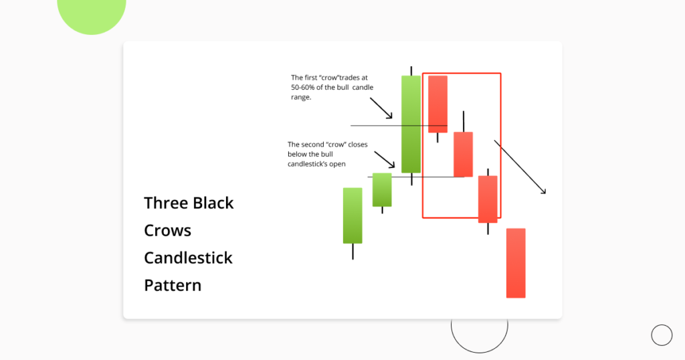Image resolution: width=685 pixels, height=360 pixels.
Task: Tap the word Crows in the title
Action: [x=167, y=230]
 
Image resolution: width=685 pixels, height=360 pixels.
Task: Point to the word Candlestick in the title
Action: [x=188, y=258]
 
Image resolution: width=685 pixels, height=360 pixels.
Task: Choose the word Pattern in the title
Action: [x=173, y=285]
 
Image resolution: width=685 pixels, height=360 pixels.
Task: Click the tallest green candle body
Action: [x=411, y=124]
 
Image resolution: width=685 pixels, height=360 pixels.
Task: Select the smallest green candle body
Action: [x=382, y=189]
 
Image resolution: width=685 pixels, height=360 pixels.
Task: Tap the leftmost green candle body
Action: [x=353, y=215]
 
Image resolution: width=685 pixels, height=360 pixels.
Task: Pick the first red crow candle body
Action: [x=437, y=104]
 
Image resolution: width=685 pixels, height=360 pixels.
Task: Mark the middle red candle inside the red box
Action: [x=463, y=154]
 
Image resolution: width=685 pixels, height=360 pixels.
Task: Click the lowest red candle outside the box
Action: [x=516, y=263]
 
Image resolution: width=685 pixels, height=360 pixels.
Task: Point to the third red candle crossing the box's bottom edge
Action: [x=488, y=199]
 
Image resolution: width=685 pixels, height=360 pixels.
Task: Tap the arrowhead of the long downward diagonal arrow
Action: [x=544, y=192]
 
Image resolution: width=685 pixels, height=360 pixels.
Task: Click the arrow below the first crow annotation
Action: [x=381, y=108]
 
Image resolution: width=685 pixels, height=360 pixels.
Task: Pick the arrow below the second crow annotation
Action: [x=385, y=159]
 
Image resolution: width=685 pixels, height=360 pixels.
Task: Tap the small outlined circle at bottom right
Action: [x=662, y=335]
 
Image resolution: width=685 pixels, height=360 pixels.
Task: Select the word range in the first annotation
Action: [x=301, y=97]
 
